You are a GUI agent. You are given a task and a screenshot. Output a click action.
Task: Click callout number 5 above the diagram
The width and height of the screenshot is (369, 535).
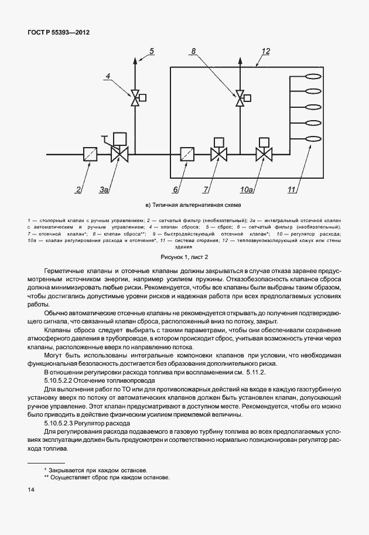pyautogui.click(x=151, y=52)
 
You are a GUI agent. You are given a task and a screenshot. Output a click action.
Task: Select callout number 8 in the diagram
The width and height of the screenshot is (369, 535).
pyautogui.click(x=194, y=52)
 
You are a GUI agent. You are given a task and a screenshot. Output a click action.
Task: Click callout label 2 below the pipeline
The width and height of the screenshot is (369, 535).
pyautogui.click(x=78, y=189)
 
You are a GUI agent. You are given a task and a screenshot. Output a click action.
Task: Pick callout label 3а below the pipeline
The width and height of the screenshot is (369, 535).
pyautogui.click(x=104, y=189)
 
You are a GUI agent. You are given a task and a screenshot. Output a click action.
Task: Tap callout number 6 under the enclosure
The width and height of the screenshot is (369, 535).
pyautogui.click(x=175, y=189)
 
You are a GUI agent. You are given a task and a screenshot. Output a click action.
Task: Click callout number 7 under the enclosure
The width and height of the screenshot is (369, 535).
pyautogui.click(x=206, y=189)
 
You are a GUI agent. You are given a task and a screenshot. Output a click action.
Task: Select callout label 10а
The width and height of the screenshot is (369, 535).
pyautogui.click(x=247, y=189)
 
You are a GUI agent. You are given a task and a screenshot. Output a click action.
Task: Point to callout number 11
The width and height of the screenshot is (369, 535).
pyautogui.click(x=291, y=189)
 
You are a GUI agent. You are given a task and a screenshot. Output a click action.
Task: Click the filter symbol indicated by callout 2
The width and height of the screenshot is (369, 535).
pyautogui.click(x=90, y=155)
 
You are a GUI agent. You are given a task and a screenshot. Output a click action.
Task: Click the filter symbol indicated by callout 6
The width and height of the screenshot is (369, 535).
pyautogui.click(x=187, y=155)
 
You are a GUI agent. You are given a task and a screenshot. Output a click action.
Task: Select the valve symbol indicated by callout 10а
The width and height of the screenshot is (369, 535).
pyautogui.click(x=264, y=155)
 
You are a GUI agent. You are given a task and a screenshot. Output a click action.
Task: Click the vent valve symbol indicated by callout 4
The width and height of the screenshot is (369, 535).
pyautogui.click(x=135, y=97)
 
